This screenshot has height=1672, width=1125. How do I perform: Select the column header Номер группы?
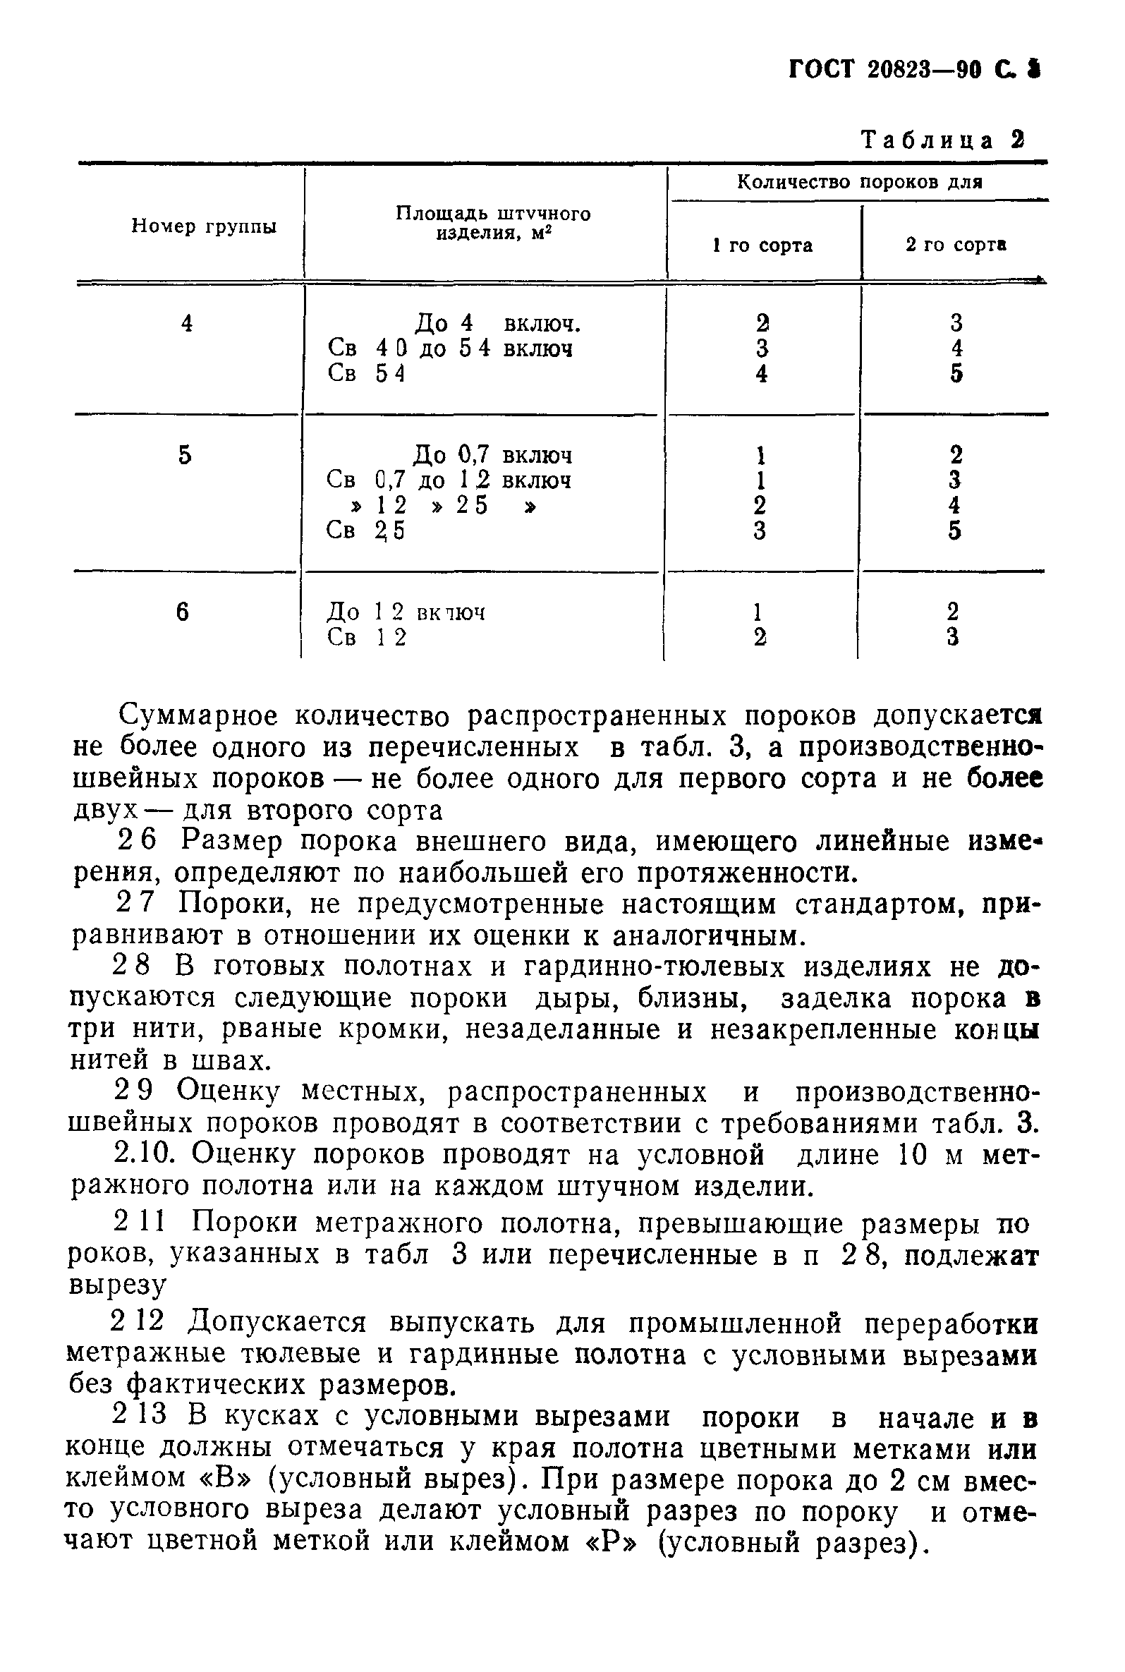tap(204, 226)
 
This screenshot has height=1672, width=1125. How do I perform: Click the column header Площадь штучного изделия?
tap(493, 223)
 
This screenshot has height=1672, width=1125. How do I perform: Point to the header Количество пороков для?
tap(859, 182)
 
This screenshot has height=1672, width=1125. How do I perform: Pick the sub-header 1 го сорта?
tap(762, 246)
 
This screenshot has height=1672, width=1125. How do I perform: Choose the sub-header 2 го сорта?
tap(956, 245)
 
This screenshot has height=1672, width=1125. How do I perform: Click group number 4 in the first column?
tap(186, 324)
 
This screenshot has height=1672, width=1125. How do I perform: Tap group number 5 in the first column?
tap(185, 455)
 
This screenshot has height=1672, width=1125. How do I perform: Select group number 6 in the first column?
tap(183, 612)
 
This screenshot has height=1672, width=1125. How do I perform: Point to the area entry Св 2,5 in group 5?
tap(365, 531)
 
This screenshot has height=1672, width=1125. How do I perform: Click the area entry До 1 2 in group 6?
tap(365, 612)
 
